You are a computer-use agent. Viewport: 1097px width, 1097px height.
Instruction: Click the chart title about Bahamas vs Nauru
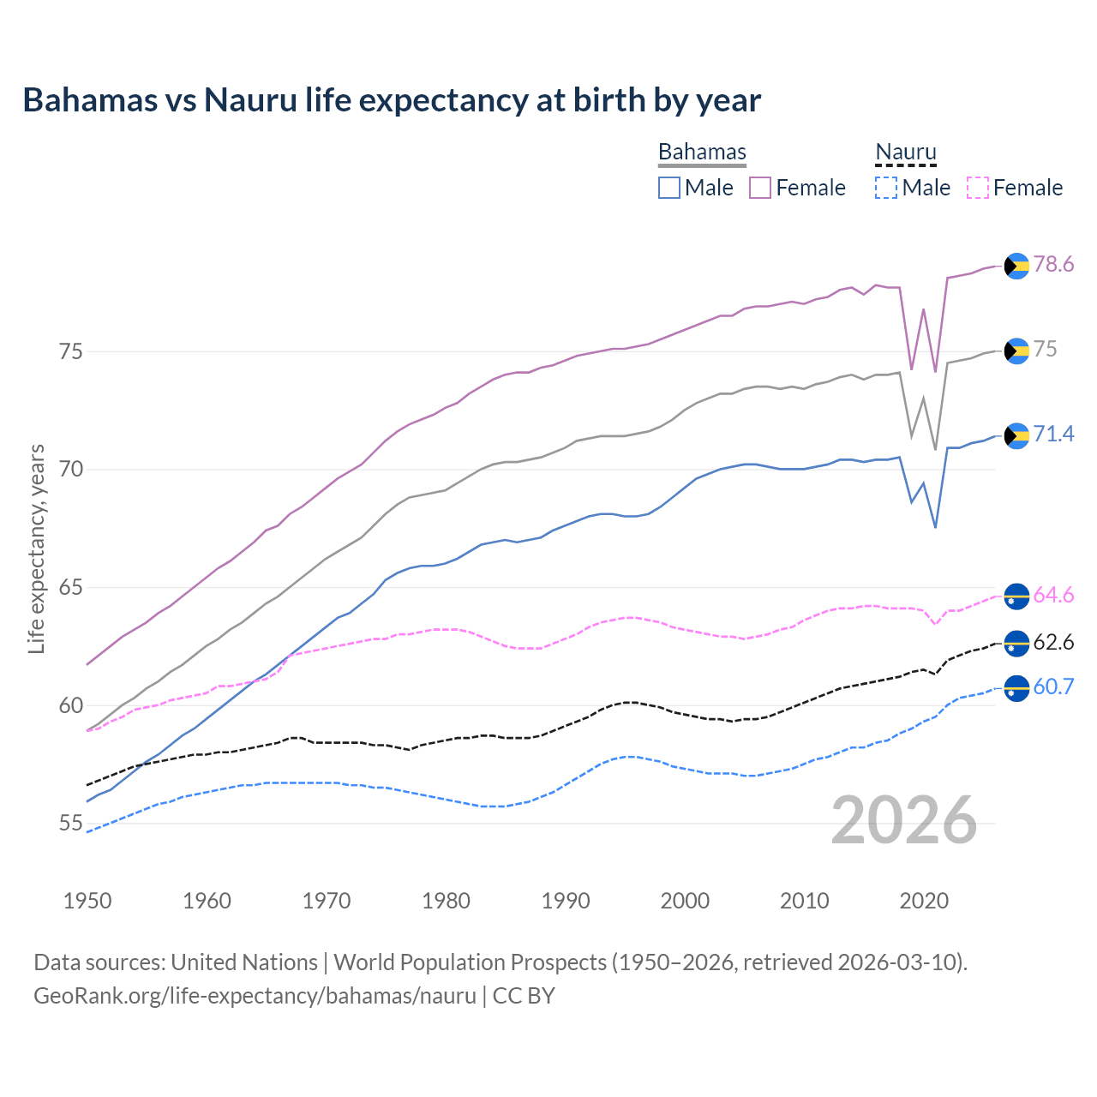(x=392, y=100)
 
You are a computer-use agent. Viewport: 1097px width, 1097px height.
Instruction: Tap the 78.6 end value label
(x=1053, y=264)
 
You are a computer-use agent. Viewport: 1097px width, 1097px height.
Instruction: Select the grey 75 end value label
(x=1045, y=349)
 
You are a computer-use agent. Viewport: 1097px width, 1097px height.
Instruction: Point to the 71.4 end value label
(x=1053, y=434)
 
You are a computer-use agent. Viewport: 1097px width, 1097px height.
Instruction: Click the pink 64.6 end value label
(x=1053, y=595)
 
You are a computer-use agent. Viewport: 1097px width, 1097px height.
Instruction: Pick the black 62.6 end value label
(x=1053, y=642)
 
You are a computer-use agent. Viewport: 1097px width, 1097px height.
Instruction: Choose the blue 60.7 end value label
(x=1053, y=686)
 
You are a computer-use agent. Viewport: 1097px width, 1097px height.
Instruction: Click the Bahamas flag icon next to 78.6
(x=1016, y=266)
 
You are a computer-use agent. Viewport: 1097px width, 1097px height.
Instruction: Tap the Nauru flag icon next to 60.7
(x=1016, y=688)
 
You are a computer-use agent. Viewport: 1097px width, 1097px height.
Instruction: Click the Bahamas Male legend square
(x=669, y=188)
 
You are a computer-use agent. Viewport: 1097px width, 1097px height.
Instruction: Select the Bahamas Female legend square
(x=760, y=188)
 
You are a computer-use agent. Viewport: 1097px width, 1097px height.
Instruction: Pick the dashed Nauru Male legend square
(x=886, y=188)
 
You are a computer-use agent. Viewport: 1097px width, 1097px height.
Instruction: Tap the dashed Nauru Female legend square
(x=978, y=188)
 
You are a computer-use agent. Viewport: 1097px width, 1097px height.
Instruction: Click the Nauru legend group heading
(x=905, y=152)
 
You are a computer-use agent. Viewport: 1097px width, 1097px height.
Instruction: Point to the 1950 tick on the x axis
(x=87, y=901)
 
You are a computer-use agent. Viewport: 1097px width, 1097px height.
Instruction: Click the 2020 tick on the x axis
(x=924, y=901)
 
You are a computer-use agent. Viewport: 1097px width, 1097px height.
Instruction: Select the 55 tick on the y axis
(x=71, y=824)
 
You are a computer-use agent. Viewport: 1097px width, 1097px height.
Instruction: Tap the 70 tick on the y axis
(x=71, y=470)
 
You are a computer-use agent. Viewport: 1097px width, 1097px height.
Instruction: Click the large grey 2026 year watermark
(x=904, y=820)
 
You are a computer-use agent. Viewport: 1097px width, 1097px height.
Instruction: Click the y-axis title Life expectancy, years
(x=37, y=548)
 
